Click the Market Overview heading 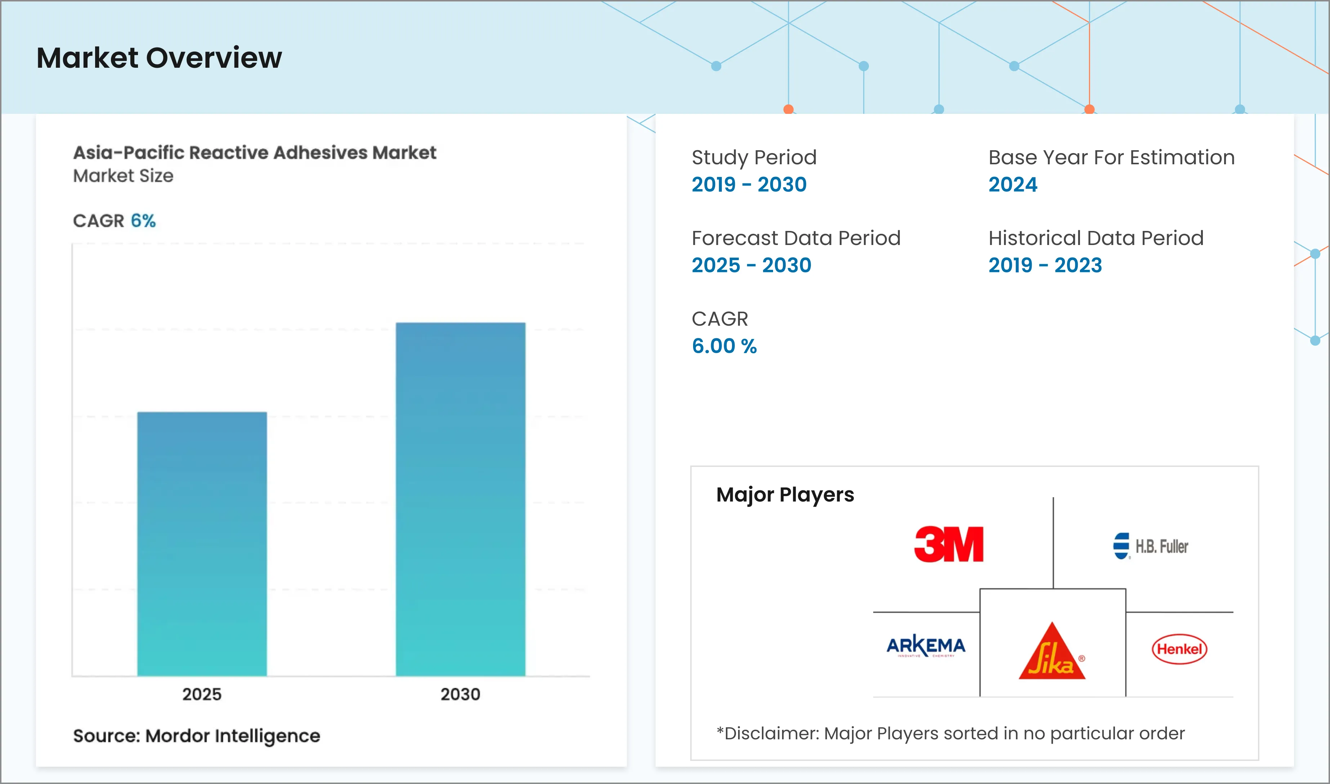(159, 58)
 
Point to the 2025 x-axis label (202, 694)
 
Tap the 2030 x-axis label (461, 694)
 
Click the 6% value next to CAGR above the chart (143, 221)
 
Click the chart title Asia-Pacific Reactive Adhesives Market (255, 153)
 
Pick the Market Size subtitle (123, 176)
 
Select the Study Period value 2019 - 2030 (749, 185)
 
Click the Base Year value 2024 (1013, 185)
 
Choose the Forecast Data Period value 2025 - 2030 (751, 265)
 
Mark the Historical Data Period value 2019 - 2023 (1045, 265)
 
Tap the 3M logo (949, 544)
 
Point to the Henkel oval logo (1179, 649)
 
